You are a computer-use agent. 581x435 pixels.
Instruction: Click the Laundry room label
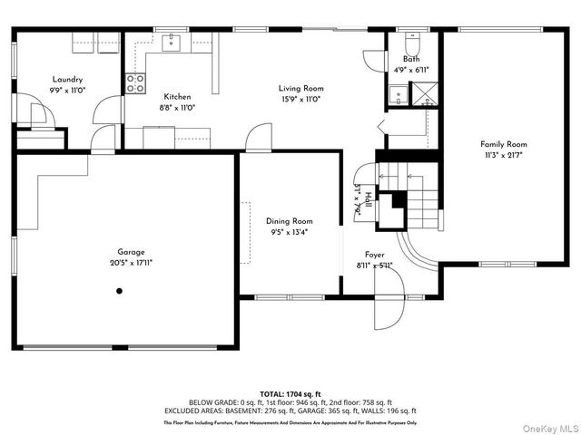click(67, 80)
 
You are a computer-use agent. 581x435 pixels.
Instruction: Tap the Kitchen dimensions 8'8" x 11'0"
click(177, 107)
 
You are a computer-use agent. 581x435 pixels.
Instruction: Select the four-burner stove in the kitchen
click(135, 83)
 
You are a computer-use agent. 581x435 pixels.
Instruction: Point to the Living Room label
click(300, 89)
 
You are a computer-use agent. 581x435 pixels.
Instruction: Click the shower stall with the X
click(424, 94)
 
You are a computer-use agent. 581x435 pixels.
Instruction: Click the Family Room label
click(504, 144)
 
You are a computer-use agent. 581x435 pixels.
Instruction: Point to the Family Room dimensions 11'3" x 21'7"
click(504, 155)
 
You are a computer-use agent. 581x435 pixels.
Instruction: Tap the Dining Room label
click(289, 221)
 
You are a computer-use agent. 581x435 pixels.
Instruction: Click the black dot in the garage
click(119, 291)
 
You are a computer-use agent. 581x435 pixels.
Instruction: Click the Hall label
click(369, 199)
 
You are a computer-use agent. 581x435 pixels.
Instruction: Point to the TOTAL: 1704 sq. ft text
click(290, 394)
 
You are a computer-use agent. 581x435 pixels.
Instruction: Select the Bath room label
click(411, 60)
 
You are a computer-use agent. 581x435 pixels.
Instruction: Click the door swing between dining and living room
click(258, 139)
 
